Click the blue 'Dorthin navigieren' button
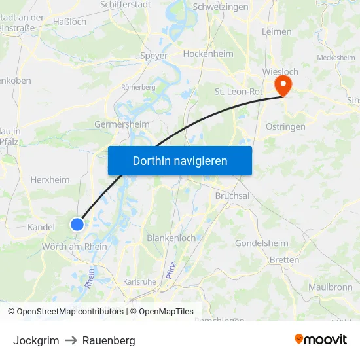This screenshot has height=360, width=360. pos(180,160)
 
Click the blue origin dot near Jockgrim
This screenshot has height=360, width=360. pos(77,225)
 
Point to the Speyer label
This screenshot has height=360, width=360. pos(154,56)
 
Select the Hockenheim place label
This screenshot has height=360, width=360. pos(209,54)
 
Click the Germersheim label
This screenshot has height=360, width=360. pos(122,124)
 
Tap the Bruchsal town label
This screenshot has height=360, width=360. pos(232,196)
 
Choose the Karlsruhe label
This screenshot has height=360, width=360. pos(139,281)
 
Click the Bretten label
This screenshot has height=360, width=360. pos(284,260)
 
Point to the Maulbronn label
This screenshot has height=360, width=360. pos(330,287)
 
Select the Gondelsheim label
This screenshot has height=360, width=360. pos(261,243)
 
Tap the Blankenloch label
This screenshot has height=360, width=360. pos(171,238)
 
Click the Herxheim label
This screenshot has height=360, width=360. pos(50,179)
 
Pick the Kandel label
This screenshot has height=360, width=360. pos(41,227)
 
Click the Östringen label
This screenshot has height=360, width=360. pos(285,126)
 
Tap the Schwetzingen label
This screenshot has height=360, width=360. pos(221,7)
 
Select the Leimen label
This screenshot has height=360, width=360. pos(276,31)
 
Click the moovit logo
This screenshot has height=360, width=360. pos(321,340)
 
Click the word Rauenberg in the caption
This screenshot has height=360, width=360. pos(109,340)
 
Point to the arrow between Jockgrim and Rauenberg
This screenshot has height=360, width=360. pos(71,340)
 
